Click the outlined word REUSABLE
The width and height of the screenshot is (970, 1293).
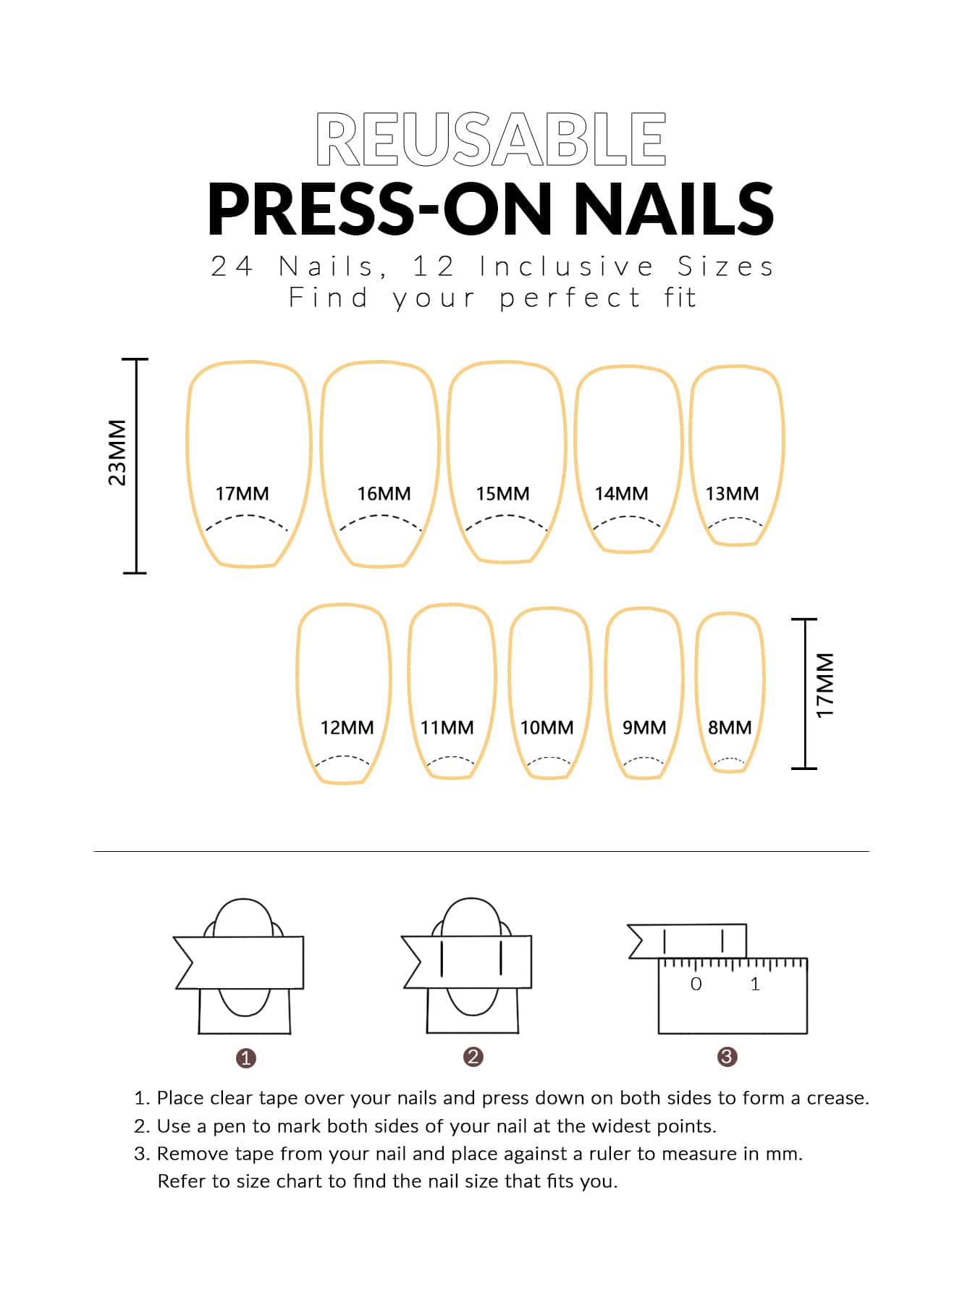[x=491, y=139]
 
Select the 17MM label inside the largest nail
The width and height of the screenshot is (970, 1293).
[x=242, y=493]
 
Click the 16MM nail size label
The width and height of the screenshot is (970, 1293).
[x=384, y=493]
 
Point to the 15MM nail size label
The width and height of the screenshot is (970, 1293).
[x=502, y=493]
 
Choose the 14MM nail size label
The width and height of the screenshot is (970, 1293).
[x=621, y=493]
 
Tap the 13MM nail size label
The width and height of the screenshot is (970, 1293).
[x=732, y=493]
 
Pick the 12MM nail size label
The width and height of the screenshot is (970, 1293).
[x=347, y=727]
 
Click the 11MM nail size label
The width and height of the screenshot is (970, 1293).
[x=447, y=727]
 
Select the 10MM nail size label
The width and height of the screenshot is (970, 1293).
[x=547, y=727]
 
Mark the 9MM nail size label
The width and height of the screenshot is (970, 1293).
[x=644, y=727]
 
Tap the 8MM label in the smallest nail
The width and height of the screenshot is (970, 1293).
[x=730, y=727]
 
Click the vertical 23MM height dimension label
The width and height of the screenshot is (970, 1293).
[x=117, y=453]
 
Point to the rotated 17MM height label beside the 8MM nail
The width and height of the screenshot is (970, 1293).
[x=826, y=686]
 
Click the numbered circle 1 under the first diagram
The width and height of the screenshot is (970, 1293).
[x=246, y=1058]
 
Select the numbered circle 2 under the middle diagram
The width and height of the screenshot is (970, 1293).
[x=473, y=1057]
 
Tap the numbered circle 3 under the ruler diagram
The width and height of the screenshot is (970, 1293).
[x=727, y=1057]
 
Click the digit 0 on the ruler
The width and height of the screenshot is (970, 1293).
[x=696, y=984]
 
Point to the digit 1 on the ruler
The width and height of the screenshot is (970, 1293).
[x=755, y=984]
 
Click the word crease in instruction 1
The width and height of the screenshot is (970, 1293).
[x=838, y=1098]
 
